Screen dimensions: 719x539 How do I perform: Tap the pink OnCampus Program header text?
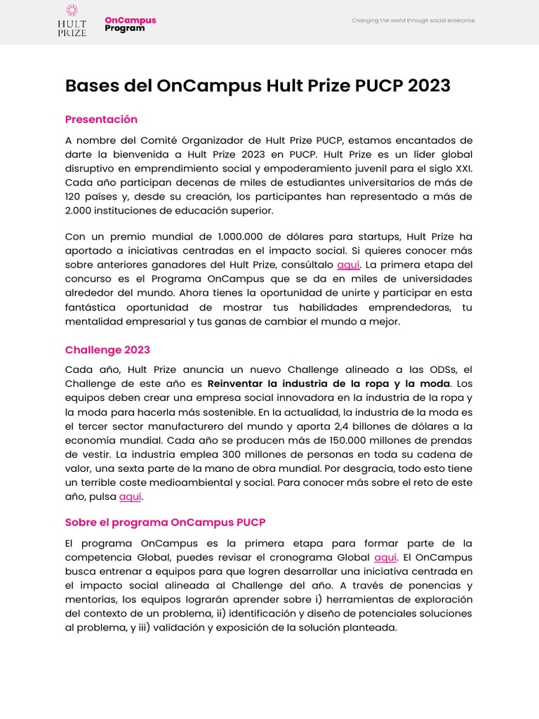131,25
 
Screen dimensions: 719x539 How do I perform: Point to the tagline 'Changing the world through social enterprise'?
413,20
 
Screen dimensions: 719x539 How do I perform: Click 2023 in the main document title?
425,86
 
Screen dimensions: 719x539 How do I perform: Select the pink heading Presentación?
101,119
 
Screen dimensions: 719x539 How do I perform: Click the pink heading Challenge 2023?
107,350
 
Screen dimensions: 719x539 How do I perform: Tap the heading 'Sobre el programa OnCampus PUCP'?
165,522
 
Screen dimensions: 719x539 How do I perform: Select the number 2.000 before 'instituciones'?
79,210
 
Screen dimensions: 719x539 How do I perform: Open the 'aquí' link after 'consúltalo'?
348,265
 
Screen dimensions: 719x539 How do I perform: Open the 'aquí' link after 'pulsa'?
131,497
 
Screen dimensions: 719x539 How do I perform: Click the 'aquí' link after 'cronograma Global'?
386,558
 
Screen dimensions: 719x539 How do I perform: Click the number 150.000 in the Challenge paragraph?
346,440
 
